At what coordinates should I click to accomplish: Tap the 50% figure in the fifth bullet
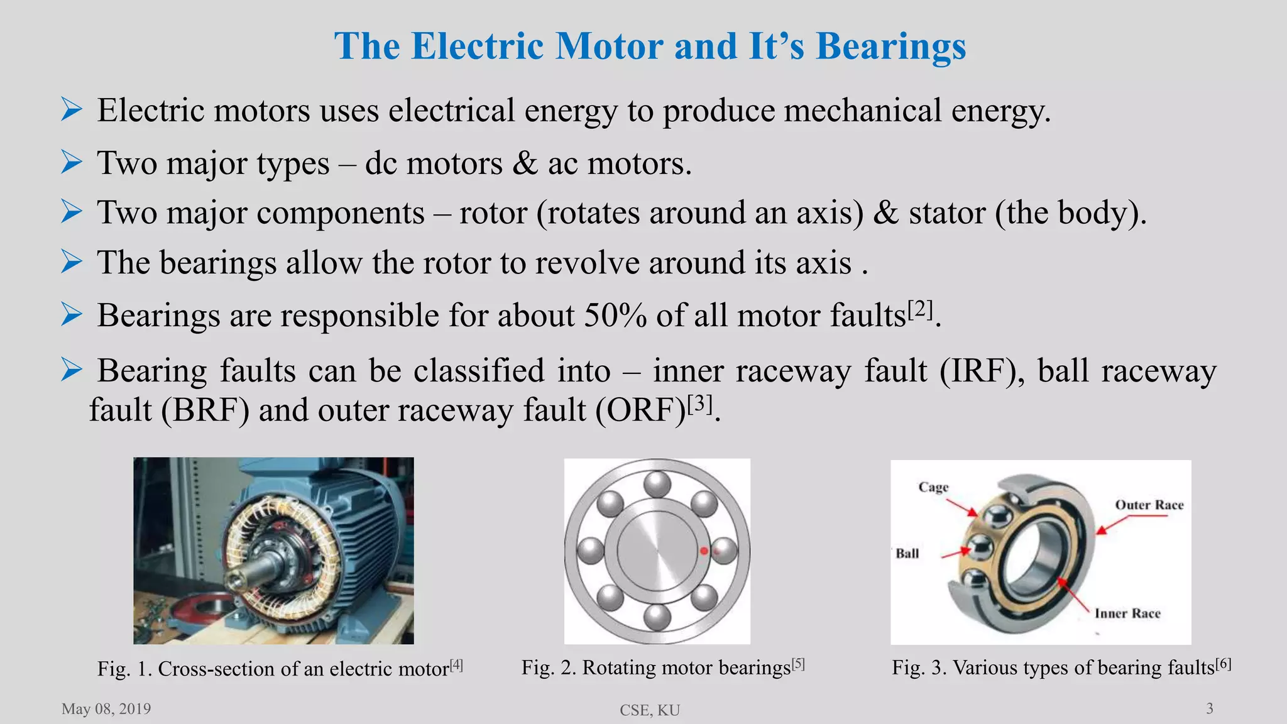click(x=615, y=315)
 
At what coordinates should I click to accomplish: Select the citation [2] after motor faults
click(x=920, y=309)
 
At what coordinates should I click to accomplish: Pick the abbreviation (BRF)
click(x=205, y=410)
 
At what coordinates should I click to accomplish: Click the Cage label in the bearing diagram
click(x=933, y=487)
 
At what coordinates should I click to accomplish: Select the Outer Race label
click(x=1149, y=505)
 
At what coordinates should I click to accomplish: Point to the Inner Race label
click(x=1127, y=613)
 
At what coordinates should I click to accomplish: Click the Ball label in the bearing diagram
click(x=907, y=554)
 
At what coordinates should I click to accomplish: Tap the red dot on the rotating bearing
click(x=704, y=551)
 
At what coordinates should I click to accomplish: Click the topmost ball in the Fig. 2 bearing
click(x=657, y=483)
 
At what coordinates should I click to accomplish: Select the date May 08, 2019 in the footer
click(x=106, y=709)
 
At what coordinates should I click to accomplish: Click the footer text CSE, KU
click(x=650, y=710)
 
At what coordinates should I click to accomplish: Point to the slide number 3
click(x=1210, y=709)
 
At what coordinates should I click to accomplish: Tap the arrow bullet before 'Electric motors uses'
click(x=72, y=111)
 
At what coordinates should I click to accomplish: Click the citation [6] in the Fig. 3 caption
click(x=1223, y=664)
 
